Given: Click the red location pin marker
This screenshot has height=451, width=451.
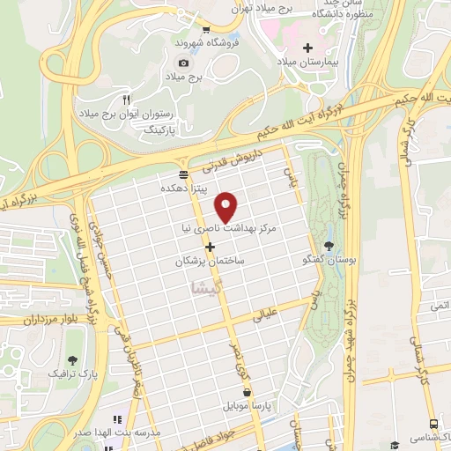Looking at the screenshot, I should [227, 207].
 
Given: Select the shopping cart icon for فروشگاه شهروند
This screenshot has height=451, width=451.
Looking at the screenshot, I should [206, 28].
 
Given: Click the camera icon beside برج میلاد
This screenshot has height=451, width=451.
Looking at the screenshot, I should [183, 63].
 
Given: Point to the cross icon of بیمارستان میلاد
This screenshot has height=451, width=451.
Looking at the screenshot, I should [307, 48].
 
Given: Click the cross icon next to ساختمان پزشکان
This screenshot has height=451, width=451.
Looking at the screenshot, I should [209, 245].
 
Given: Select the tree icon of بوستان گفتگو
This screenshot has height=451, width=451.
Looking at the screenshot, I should [329, 245].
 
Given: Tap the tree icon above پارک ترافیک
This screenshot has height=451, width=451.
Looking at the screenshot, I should [72, 359].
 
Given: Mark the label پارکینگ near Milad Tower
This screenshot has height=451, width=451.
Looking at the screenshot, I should [159, 129].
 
